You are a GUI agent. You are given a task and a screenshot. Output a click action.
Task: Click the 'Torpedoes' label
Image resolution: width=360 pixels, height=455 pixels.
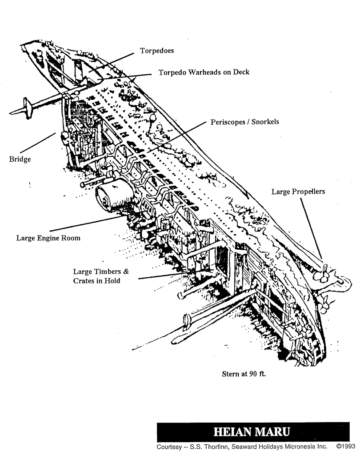(157, 51)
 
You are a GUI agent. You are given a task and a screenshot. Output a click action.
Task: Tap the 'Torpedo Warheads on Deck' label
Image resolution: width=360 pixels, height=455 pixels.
(204, 72)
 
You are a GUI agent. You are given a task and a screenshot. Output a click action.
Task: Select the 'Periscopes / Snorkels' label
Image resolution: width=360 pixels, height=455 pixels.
(245, 121)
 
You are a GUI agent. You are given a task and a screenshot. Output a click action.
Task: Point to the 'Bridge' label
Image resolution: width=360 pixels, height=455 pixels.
(20, 159)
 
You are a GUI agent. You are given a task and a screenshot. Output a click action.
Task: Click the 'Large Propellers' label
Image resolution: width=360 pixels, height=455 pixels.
(298, 192)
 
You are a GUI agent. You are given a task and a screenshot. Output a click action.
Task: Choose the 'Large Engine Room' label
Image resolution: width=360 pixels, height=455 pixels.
(48, 238)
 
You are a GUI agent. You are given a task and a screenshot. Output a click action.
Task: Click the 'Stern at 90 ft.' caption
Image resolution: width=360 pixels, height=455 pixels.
(244, 374)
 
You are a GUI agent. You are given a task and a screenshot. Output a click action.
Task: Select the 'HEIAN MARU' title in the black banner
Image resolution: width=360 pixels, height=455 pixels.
(252, 432)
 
